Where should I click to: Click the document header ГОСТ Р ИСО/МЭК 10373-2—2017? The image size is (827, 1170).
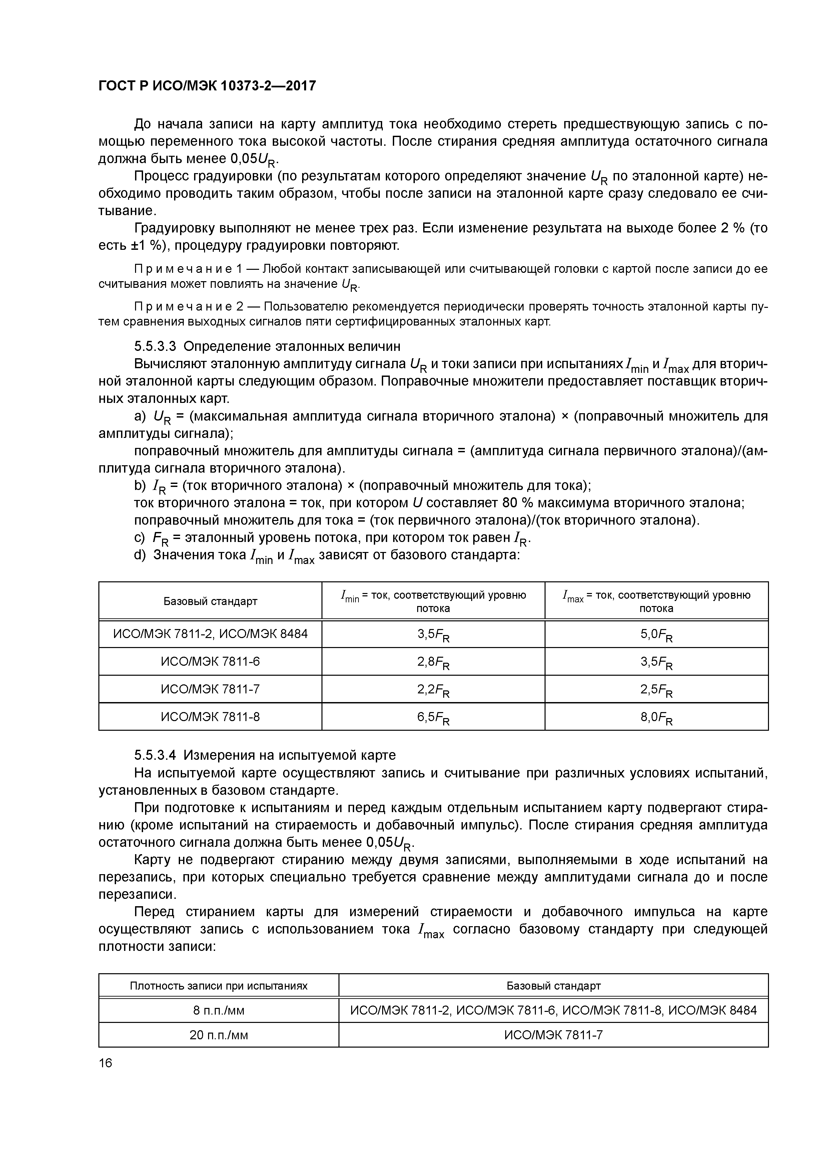(x=207, y=86)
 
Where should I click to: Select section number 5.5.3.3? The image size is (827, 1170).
(x=155, y=347)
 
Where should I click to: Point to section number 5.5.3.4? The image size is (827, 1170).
(x=155, y=754)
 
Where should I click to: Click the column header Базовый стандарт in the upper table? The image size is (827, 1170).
(x=210, y=601)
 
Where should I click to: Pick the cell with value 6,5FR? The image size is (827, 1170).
(x=433, y=717)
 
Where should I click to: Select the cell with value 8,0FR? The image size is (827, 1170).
(x=656, y=717)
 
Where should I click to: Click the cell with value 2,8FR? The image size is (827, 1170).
(x=433, y=662)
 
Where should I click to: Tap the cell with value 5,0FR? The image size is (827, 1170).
(x=656, y=634)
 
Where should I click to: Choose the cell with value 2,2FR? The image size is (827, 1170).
(x=433, y=690)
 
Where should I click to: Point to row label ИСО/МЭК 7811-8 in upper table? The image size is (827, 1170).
(x=210, y=717)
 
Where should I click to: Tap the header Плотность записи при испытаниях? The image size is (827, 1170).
(x=219, y=986)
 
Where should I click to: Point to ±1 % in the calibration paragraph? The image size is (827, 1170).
(x=140, y=245)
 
